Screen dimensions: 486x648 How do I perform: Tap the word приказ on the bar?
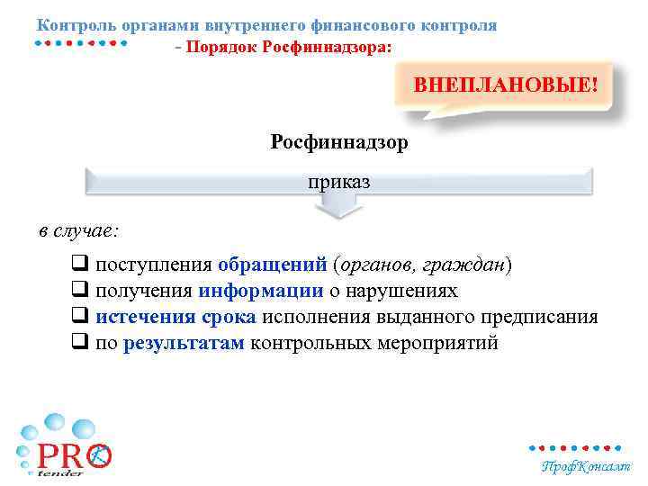[x=339, y=183]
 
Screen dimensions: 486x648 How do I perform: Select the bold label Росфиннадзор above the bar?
[x=338, y=142]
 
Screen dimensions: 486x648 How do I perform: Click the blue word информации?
[x=262, y=292]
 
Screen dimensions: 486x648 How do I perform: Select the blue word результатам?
[x=184, y=344]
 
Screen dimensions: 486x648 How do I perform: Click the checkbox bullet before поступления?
[x=79, y=265]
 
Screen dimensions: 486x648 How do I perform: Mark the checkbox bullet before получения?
[x=79, y=292]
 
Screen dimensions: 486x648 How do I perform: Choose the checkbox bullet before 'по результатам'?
[x=79, y=344]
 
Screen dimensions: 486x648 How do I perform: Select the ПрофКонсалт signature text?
[x=585, y=466]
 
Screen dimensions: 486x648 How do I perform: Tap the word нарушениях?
[x=405, y=292]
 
